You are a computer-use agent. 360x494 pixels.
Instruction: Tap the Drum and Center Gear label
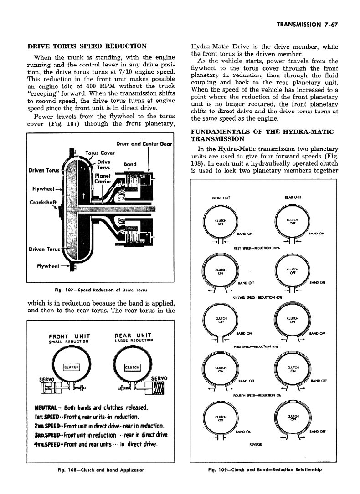click(144, 144)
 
